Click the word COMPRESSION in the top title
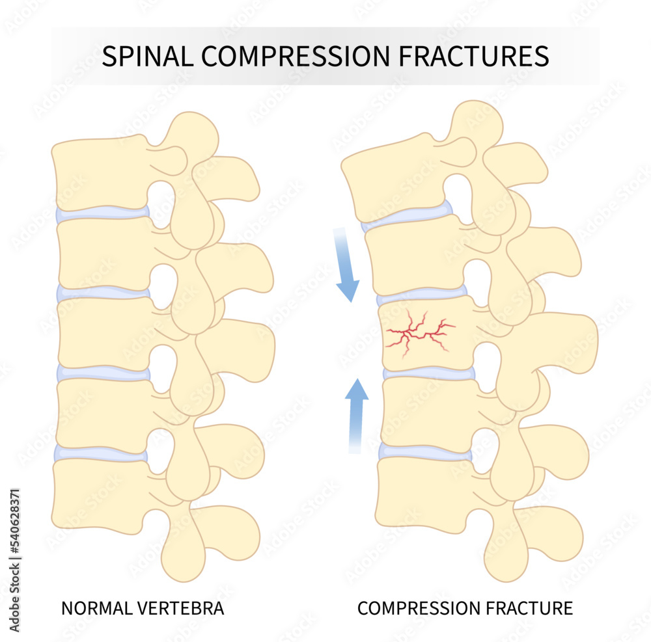point(292,57)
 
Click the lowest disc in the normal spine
point(101,454)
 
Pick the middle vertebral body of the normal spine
point(104,332)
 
